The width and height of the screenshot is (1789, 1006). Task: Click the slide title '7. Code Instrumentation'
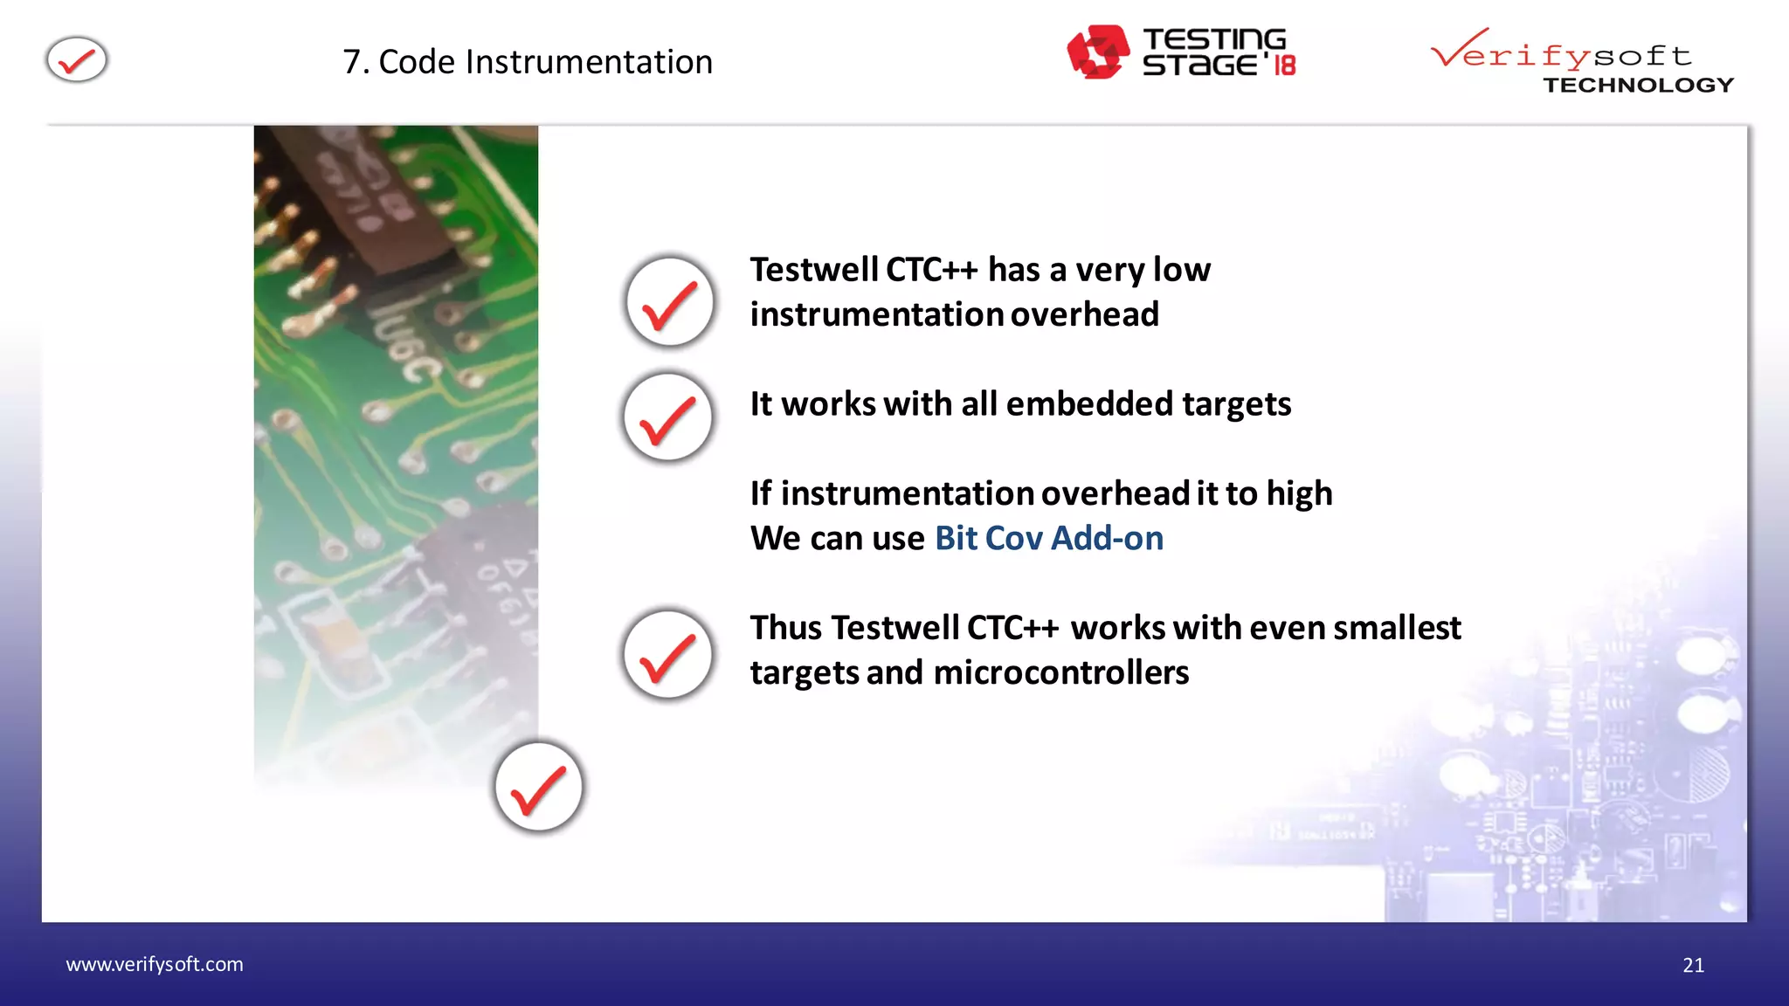tap(528, 62)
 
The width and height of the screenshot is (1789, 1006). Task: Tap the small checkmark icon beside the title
tap(77, 60)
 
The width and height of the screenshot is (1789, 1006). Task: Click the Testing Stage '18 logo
tap(1180, 52)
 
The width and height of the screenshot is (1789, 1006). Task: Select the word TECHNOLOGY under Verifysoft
tap(1638, 85)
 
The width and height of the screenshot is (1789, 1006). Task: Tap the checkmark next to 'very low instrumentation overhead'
tap(670, 302)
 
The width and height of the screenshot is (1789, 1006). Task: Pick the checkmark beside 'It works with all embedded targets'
tap(668, 417)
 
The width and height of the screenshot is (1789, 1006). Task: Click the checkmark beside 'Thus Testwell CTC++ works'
tap(668, 654)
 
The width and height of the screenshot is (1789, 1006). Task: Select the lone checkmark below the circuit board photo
tap(538, 786)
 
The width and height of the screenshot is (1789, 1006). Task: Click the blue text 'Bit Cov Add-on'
tap(1048, 538)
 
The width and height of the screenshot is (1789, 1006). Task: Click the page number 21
tap(1692, 965)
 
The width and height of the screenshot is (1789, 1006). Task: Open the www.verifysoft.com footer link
tap(155, 964)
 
